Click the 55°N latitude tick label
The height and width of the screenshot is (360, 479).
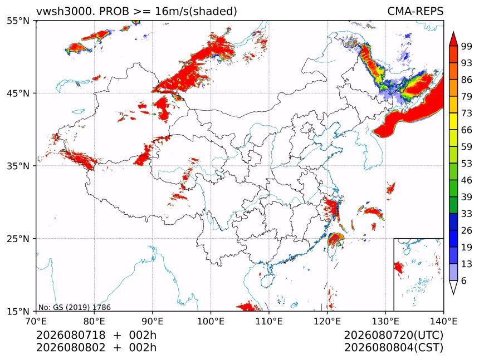(18, 21)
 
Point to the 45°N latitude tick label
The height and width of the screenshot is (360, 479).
(18, 93)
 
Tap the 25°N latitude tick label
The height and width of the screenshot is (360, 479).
(18, 238)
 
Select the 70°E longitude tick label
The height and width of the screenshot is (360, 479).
(37, 321)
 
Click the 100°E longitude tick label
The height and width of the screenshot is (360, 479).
(211, 321)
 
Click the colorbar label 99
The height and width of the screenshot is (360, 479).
(467, 46)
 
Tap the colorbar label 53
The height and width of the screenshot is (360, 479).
(467, 164)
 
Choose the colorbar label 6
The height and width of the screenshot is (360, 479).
(464, 280)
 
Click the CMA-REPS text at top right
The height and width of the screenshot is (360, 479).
(415, 11)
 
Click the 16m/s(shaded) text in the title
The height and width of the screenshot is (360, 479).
(196, 11)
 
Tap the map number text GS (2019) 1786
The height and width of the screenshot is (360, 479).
(82, 307)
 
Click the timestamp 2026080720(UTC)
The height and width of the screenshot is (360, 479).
(393, 335)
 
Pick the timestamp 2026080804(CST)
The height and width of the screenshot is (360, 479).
(394, 348)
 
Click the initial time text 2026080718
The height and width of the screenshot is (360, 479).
(71, 335)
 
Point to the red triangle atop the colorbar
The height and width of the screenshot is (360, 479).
(453, 39)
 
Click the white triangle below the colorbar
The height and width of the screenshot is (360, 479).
(453, 288)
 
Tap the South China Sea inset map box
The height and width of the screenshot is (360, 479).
(418, 274)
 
